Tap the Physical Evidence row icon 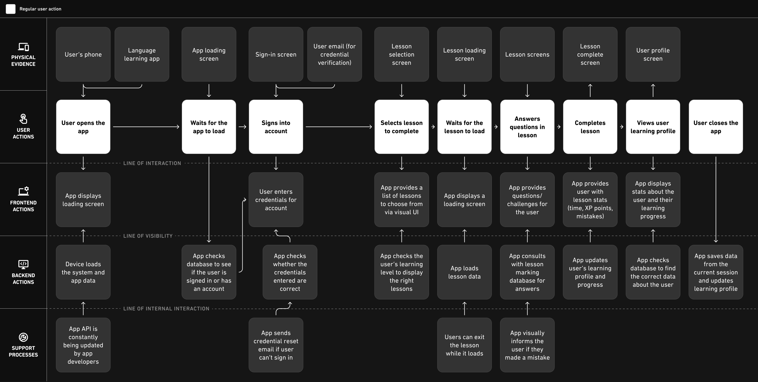[x=23, y=47]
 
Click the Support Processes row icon [x=23, y=337]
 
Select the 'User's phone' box [x=83, y=54]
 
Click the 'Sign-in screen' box [x=276, y=54]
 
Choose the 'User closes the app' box [x=716, y=127]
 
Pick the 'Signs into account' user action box [x=276, y=127]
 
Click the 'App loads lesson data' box [x=464, y=272]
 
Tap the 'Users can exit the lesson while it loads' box [x=464, y=345]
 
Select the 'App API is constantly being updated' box [x=83, y=345]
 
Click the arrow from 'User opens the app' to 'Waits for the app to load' [x=146, y=127]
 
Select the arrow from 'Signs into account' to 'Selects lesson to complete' [x=339, y=127]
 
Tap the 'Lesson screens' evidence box [x=527, y=54]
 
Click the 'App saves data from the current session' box [x=716, y=272]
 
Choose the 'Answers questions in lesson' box [x=527, y=127]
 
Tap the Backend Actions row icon [x=23, y=264]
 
